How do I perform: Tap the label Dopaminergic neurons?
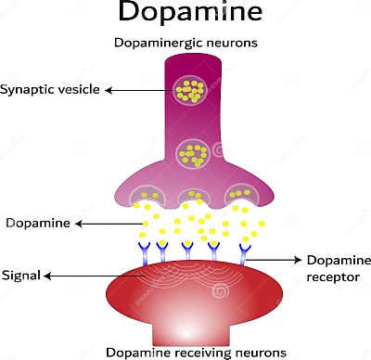186,43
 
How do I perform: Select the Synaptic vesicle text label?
50,90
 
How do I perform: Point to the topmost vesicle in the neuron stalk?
192,90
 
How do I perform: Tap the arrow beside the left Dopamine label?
108,224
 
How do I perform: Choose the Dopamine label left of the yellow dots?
36,224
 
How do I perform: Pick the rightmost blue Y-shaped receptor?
245,251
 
